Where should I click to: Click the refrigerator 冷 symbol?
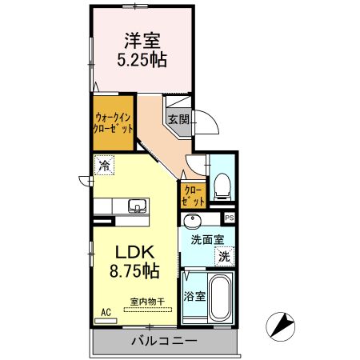tap(105, 166)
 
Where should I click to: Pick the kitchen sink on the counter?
tap(138, 206)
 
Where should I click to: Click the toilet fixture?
tap(222, 186)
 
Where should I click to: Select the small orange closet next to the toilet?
tap(191, 195)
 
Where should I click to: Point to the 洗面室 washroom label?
tap(207, 239)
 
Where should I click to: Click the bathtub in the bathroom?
tap(218, 297)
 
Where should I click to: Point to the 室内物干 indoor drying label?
tap(147, 302)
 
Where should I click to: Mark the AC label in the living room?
tap(106, 313)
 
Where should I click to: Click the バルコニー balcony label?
tap(164, 342)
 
